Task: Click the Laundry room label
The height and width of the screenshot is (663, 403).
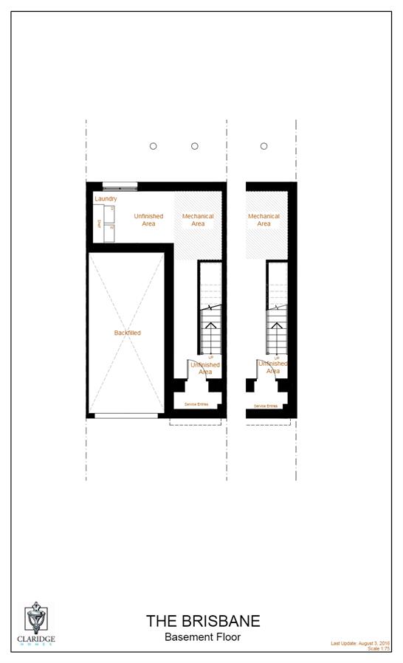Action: [x=106, y=199]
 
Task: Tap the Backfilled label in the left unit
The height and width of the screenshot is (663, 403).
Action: [x=127, y=333]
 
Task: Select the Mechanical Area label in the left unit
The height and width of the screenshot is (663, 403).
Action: [x=198, y=220]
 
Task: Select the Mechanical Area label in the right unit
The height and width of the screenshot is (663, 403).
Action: [x=263, y=220]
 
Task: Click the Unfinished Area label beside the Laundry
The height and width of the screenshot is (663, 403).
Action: [x=148, y=220]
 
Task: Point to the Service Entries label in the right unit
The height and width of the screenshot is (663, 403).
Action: [x=266, y=406]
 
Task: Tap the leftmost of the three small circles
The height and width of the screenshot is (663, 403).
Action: [x=154, y=146]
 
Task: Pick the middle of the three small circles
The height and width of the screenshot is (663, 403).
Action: [x=195, y=146]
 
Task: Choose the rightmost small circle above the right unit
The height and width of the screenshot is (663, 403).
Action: [x=263, y=146]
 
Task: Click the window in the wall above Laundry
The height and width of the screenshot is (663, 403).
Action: [x=120, y=187]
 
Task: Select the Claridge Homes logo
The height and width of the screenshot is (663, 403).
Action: [x=36, y=624]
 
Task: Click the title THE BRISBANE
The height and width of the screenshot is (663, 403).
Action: [x=202, y=621]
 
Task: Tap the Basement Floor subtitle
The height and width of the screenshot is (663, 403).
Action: [x=202, y=637]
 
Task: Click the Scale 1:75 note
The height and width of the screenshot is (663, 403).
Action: [x=378, y=649]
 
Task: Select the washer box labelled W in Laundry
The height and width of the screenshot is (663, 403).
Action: [x=112, y=228]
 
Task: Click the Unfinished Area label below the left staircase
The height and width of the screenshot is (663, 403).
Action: [x=205, y=368]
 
